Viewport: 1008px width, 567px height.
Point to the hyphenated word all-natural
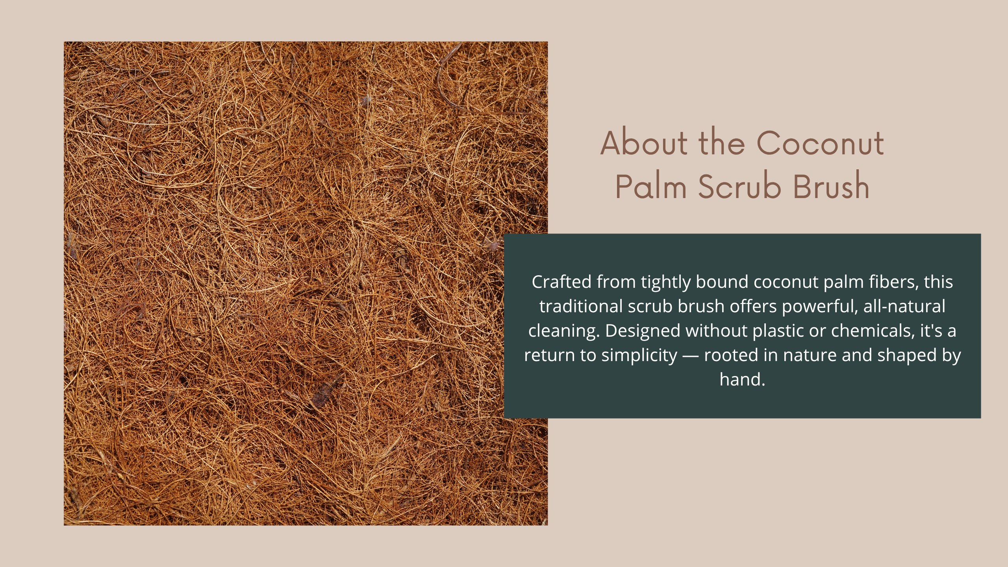pos(904,306)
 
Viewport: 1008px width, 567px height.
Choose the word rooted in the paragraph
pos(729,355)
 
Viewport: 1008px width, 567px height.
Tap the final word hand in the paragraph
pos(740,380)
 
